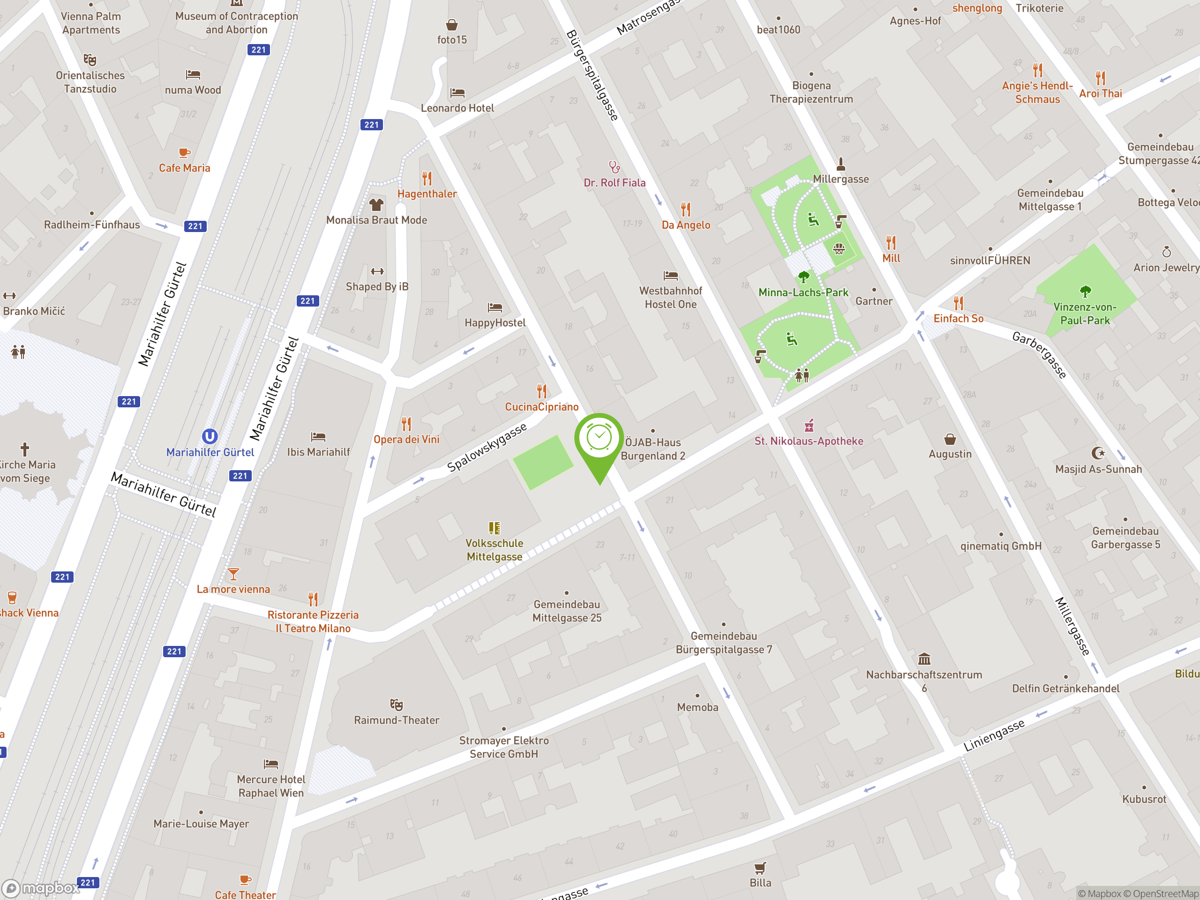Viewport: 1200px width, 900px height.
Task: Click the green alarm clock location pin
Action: pos(599,439)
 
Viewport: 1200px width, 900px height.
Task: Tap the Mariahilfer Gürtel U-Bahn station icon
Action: pos(210,436)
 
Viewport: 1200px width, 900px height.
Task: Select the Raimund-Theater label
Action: pos(397,720)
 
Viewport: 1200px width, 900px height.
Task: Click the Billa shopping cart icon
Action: pos(760,868)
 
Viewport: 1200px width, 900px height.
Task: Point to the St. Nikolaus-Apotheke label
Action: pos(808,441)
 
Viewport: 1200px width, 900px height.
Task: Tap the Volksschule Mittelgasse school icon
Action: pos(494,528)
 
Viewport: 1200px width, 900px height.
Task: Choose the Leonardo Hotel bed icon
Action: pos(457,93)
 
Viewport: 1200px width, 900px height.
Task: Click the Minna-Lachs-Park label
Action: pos(803,292)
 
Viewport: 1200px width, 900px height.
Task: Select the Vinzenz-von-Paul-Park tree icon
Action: pos(1085,291)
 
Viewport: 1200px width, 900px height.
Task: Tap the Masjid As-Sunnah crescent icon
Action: pos(1098,452)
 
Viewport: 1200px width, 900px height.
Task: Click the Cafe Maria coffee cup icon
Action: pos(184,153)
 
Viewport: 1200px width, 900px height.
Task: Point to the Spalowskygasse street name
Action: pos(487,448)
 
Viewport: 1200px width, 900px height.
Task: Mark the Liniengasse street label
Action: pos(994,735)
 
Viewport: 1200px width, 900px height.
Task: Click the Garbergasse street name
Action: pos(1039,355)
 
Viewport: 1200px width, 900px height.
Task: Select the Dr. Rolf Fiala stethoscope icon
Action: pos(614,166)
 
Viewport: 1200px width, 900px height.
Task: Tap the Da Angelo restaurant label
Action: pos(686,225)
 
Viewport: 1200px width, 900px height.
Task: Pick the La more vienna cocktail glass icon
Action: pos(233,573)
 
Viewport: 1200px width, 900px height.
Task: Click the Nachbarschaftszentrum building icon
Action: pos(924,659)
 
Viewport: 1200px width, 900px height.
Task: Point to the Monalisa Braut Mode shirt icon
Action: pos(376,204)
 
